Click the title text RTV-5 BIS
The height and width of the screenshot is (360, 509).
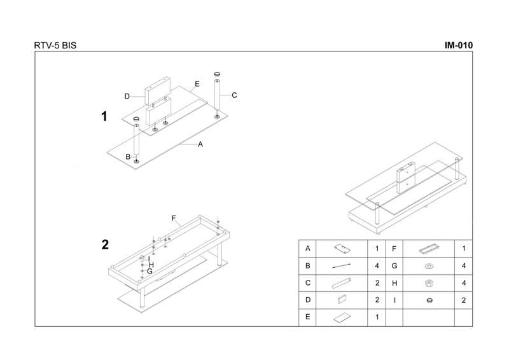click(x=55, y=45)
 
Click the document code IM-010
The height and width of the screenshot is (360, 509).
click(x=458, y=45)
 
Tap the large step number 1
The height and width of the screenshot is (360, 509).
click(x=104, y=116)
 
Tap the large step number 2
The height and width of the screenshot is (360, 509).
click(x=105, y=244)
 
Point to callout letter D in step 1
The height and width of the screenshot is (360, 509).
click(x=127, y=96)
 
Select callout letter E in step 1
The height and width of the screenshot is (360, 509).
click(x=197, y=84)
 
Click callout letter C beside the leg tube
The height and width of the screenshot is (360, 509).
click(x=234, y=95)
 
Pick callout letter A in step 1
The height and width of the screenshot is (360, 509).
click(x=200, y=144)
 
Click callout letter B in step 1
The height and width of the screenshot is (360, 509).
click(x=128, y=157)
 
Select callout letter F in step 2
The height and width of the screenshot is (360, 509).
click(x=174, y=218)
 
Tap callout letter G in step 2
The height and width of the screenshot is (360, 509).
click(x=150, y=271)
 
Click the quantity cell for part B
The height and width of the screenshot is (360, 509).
click(x=377, y=266)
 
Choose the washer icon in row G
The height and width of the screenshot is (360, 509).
click(x=429, y=267)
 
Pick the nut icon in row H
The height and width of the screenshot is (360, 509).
click(x=429, y=283)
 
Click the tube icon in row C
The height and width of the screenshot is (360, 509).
click(x=342, y=282)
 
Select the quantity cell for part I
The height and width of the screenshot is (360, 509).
click(x=464, y=300)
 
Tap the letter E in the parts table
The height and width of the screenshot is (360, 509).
click(x=307, y=317)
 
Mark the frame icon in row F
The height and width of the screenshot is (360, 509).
click(x=429, y=249)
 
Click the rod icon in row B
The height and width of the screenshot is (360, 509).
click(x=342, y=266)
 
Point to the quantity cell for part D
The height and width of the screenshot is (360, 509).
click(x=377, y=300)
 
